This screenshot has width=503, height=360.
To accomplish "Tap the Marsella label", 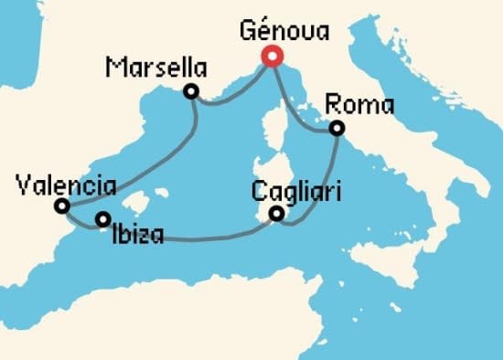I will tap(155, 67).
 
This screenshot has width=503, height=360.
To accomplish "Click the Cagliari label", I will tap(294, 194).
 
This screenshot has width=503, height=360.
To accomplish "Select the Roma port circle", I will tap(337, 129).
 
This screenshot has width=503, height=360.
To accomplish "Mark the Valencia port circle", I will tap(61, 206).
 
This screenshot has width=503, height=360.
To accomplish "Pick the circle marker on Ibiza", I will tap(103, 218).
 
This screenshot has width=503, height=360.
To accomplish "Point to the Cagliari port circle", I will tap(276, 215).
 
